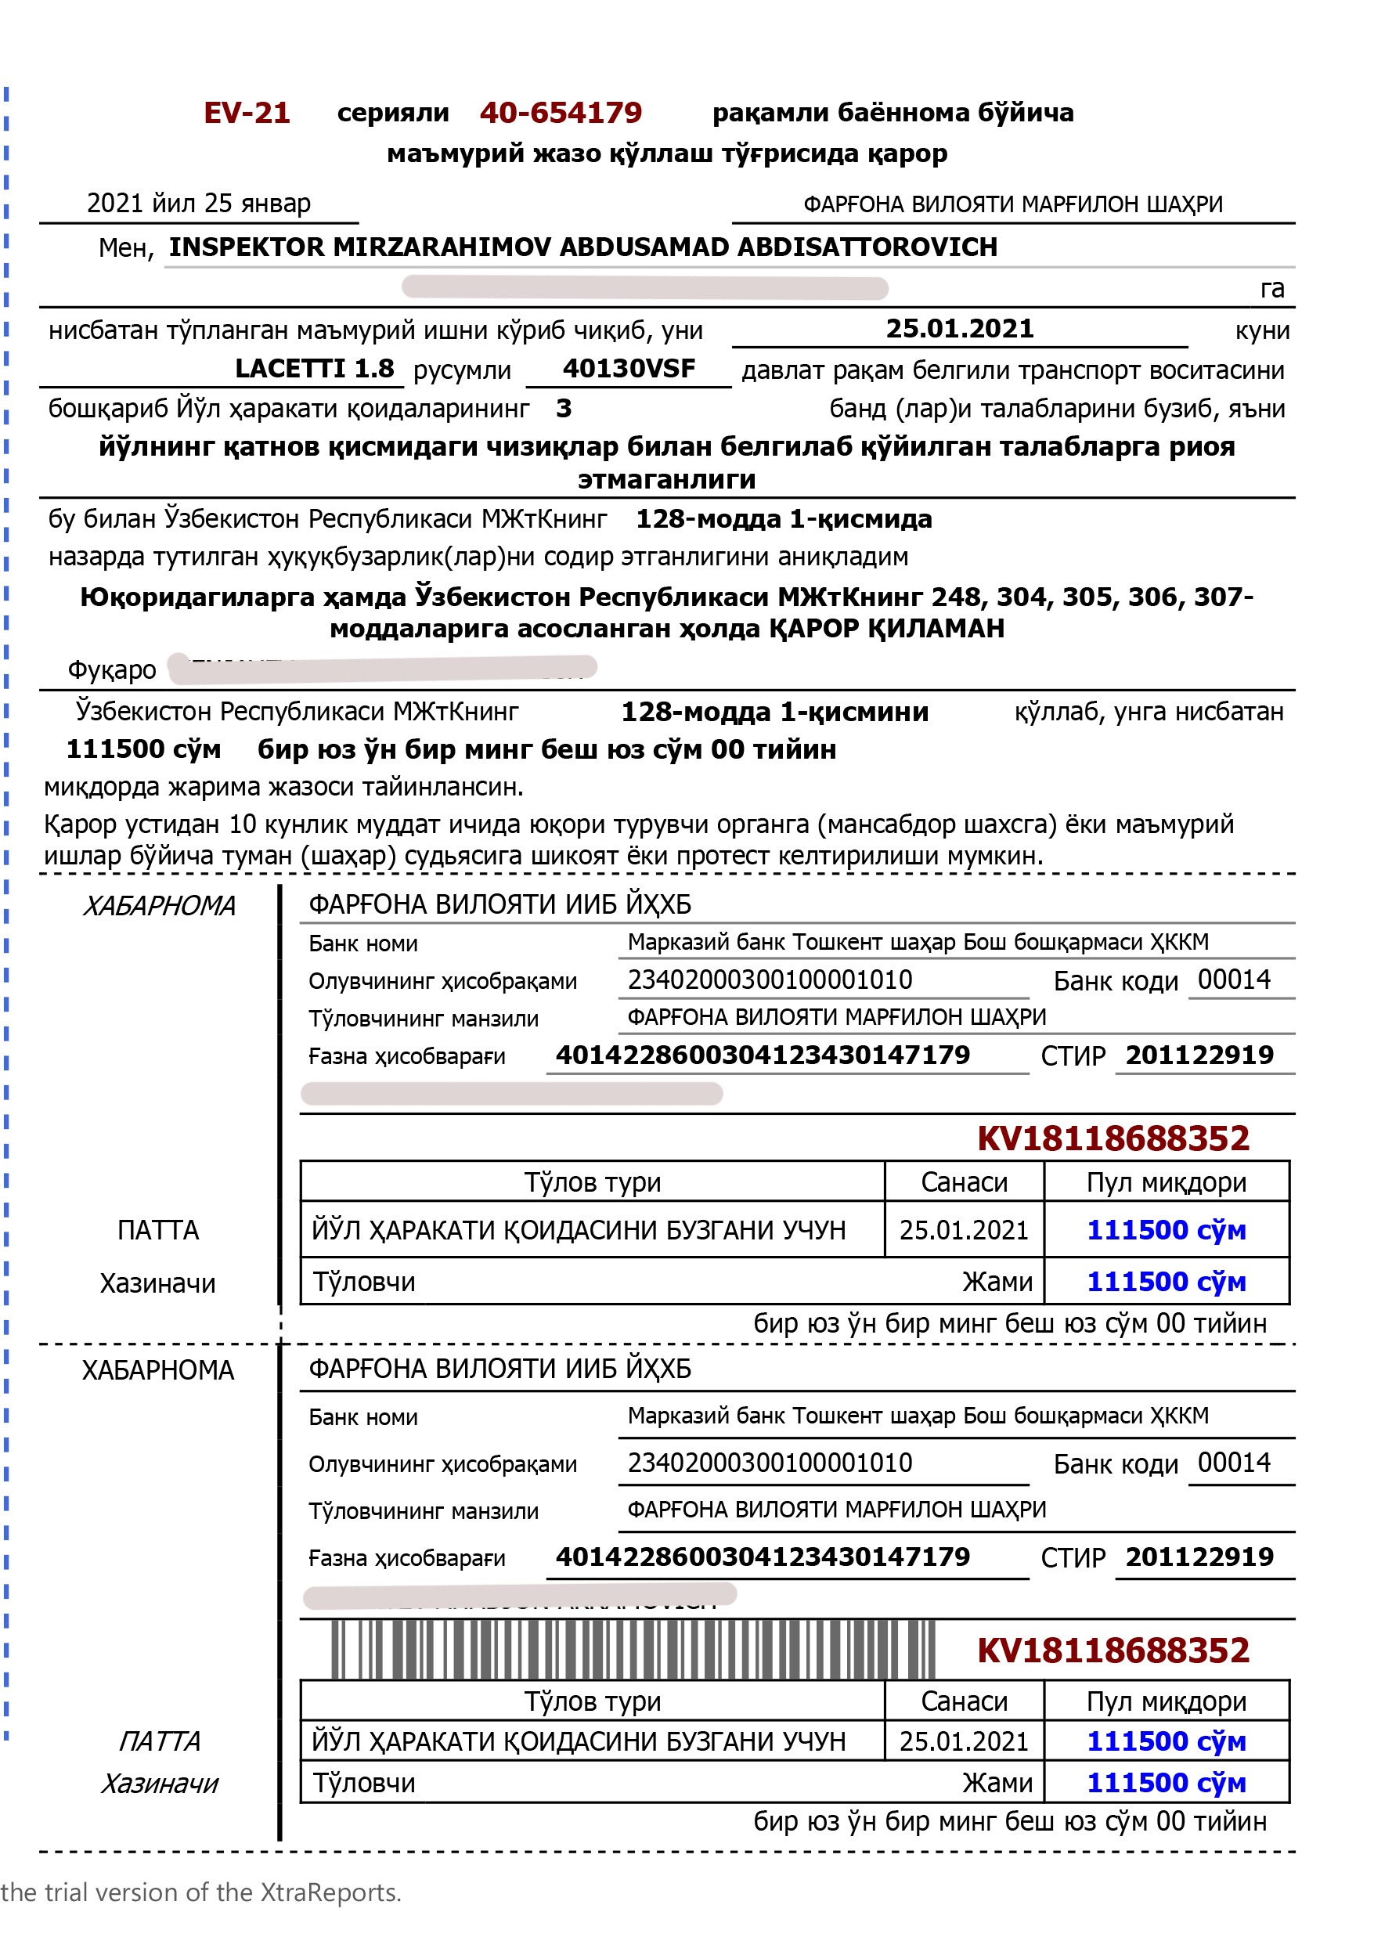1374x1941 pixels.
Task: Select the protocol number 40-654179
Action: click(560, 113)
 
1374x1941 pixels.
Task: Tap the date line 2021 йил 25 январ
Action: click(199, 203)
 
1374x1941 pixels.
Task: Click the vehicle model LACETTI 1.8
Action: click(314, 369)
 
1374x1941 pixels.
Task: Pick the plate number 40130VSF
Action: click(629, 369)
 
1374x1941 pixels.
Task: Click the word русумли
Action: click(462, 370)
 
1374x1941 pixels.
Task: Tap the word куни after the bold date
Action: click(1261, 331)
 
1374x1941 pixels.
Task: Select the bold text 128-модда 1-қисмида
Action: click(784, 518)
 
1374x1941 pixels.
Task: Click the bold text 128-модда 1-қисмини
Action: click(774, 712)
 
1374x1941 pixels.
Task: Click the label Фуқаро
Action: click(112, 670)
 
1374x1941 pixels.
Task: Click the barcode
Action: click(633, 1649)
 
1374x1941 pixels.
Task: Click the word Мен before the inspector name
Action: click(124, 249)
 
